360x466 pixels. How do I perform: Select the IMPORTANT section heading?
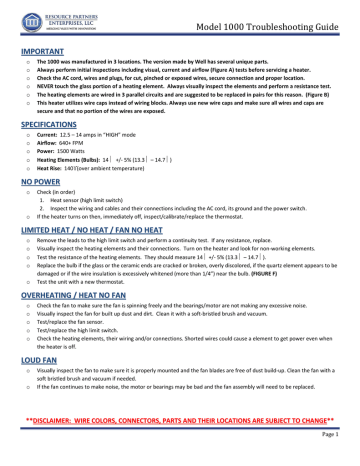pyautogui.click(x=40, y=47)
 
